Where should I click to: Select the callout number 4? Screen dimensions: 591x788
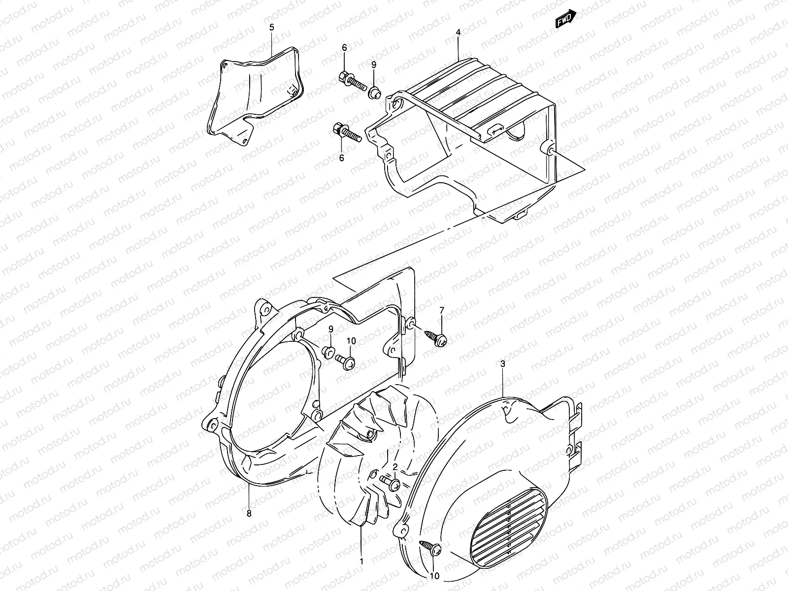pos(458,33)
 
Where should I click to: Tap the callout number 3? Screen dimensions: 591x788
pos(502,364)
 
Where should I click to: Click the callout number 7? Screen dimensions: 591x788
pos(441,310)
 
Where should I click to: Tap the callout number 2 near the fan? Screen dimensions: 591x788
pos(395,466)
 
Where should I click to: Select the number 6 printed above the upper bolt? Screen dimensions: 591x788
pos(344,47)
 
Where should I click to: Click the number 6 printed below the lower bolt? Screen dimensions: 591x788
pos(341,157)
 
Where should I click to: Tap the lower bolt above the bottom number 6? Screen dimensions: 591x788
pos(348,132)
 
